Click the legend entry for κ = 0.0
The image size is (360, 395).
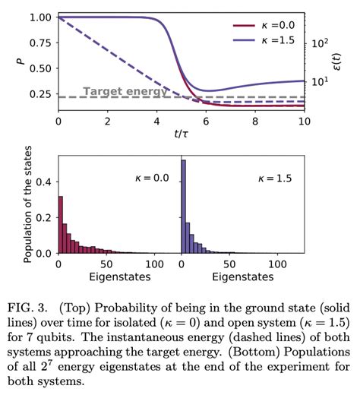pos(261,24)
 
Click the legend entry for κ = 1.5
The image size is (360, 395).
pos(261,38)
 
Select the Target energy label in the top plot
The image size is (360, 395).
pos(115,91)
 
